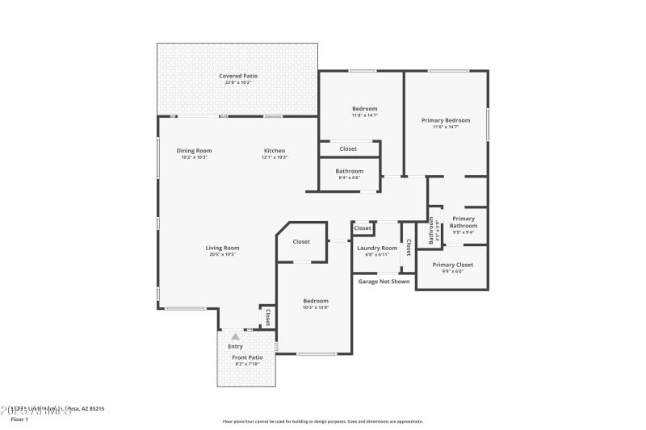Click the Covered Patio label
pos(237,76)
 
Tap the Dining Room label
pos(194,151)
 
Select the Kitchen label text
pos(275,151)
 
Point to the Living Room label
pos(222,248)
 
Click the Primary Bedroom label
pos(445,120)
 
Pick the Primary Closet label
pos(452,265)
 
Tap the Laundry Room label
pos(377,248)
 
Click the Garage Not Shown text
pos(384,282)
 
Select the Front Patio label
pos(247,357)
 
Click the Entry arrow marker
pos(235,336)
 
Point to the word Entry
pos(235,346)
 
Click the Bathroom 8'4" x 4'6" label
pos(350,171)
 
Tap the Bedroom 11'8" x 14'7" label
pos(364,109)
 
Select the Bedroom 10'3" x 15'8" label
pos(315,300)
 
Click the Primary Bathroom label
pos(464,222)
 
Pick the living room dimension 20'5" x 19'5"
pos(222,255)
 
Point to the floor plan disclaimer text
pos(322,421)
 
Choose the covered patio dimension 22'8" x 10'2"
pos(237,82)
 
